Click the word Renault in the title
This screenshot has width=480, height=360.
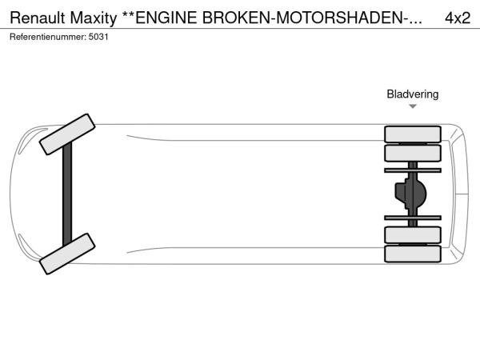pyautogui.click(x=36, y=17)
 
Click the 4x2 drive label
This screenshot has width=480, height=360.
pyautogui.click(x=458, y=17)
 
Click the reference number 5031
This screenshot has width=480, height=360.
pyautogui.click(x=98, y=37)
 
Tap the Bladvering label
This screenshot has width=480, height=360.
pyautogui.click(x=413, y=94)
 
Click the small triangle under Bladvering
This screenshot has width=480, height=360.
pyautogui.click(x=413, y=106)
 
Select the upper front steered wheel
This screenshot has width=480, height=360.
pyautogui.click(x=68, y=134)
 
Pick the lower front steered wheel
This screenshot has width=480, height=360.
pyautogui.click(x=67, y=253)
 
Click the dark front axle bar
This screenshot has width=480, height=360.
pyautogui.click(x=67, y=194)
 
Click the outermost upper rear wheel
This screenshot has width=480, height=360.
pyautogui.click(x=413, y=134)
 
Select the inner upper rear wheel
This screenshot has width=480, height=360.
pyautogui.click(x=413, y=153)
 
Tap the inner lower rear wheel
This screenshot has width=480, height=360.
pyautogui.click(x=413, y=234)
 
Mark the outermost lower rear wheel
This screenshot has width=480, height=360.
pyautogui.click(x=413, y=254)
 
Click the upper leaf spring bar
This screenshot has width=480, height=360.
pyautogui.click(x=413, y=170)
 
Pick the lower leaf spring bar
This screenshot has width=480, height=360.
pyautogui.click(x=413, y=217)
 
